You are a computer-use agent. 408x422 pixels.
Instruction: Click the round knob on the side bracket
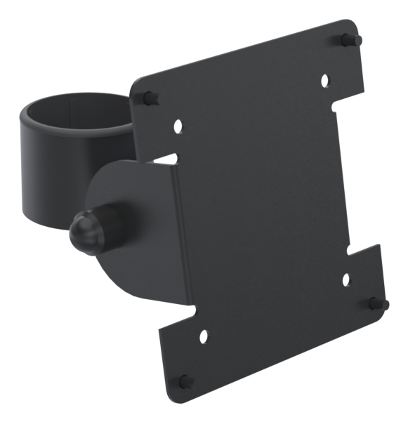[84, 230]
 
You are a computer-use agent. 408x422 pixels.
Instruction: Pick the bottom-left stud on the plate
[185, 381]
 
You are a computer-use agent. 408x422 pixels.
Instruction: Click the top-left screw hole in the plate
[178, 127]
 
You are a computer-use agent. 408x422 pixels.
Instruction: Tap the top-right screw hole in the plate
[324, 81]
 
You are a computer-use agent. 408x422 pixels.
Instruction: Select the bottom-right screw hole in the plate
[346, 279]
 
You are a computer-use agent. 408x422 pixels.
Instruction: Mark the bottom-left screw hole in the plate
[204, 336]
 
